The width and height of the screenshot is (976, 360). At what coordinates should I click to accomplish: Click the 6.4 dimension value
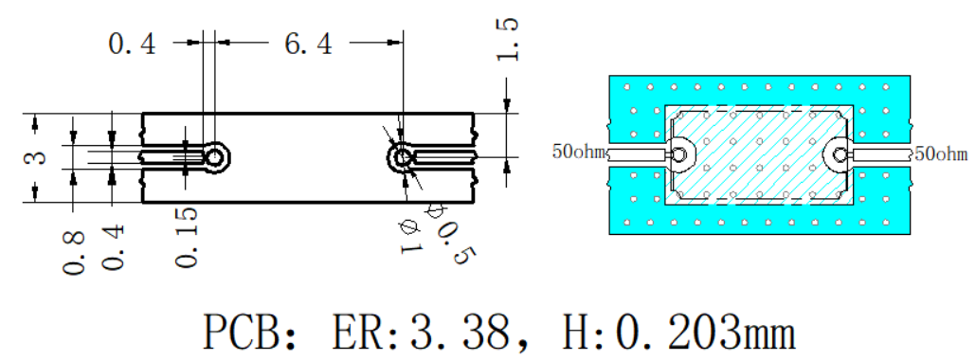coord(308,45)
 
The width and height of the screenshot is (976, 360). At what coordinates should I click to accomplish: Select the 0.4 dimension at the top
coord(132,45)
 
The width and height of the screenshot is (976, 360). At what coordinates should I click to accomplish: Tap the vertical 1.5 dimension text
coord(506,40)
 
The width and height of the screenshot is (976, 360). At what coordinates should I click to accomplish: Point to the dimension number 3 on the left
coord(38,155)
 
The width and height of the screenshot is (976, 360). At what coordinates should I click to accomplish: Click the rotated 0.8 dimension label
coord(74,252)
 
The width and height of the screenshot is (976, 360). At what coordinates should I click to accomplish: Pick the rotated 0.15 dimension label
coord(187,237)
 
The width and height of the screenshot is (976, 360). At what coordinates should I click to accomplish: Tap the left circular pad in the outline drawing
coord(215,157)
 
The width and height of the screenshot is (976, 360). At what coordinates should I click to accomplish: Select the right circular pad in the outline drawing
coord(402,156)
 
